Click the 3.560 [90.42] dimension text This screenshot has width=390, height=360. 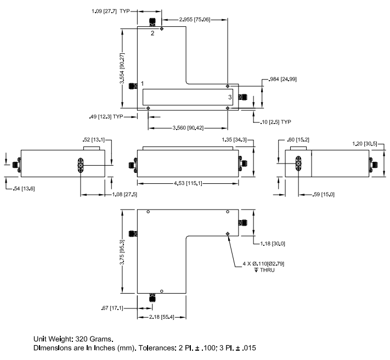coord(188,128)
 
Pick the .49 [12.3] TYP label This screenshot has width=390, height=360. coord(105,116)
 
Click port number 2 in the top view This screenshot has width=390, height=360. coord(153,33)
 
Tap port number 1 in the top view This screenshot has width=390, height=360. coord(142,83)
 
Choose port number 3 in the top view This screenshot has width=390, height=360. coord(230,97)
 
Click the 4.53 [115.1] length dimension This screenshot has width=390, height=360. coord(188,183)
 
